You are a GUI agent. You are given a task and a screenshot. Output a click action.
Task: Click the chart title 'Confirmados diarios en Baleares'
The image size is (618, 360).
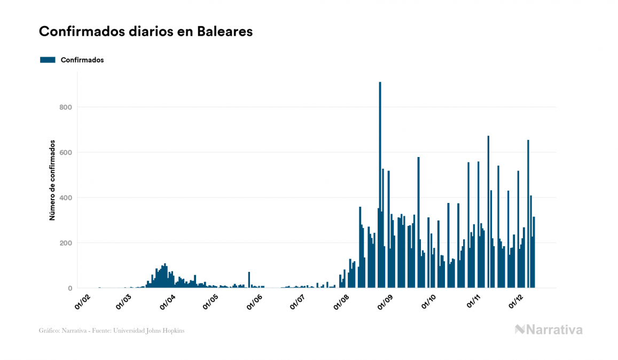(145, 32)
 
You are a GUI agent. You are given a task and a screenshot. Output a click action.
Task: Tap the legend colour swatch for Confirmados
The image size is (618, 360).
(48, 60)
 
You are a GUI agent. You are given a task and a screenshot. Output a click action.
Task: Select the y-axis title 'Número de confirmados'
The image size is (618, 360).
(52, 181)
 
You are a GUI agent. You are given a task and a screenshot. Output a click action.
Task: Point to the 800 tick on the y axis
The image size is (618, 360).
(66, 107)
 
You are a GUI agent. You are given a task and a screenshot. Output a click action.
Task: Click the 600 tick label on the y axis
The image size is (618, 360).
(66, 153)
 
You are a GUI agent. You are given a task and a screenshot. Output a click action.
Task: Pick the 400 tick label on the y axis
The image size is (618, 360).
(66, 198)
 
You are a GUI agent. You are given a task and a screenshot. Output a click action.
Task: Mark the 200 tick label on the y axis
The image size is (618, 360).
(66, 243)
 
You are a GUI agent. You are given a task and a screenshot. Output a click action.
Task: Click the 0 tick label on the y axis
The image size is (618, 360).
(69, 288)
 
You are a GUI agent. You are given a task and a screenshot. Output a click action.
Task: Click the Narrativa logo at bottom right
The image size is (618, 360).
(549, 330)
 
